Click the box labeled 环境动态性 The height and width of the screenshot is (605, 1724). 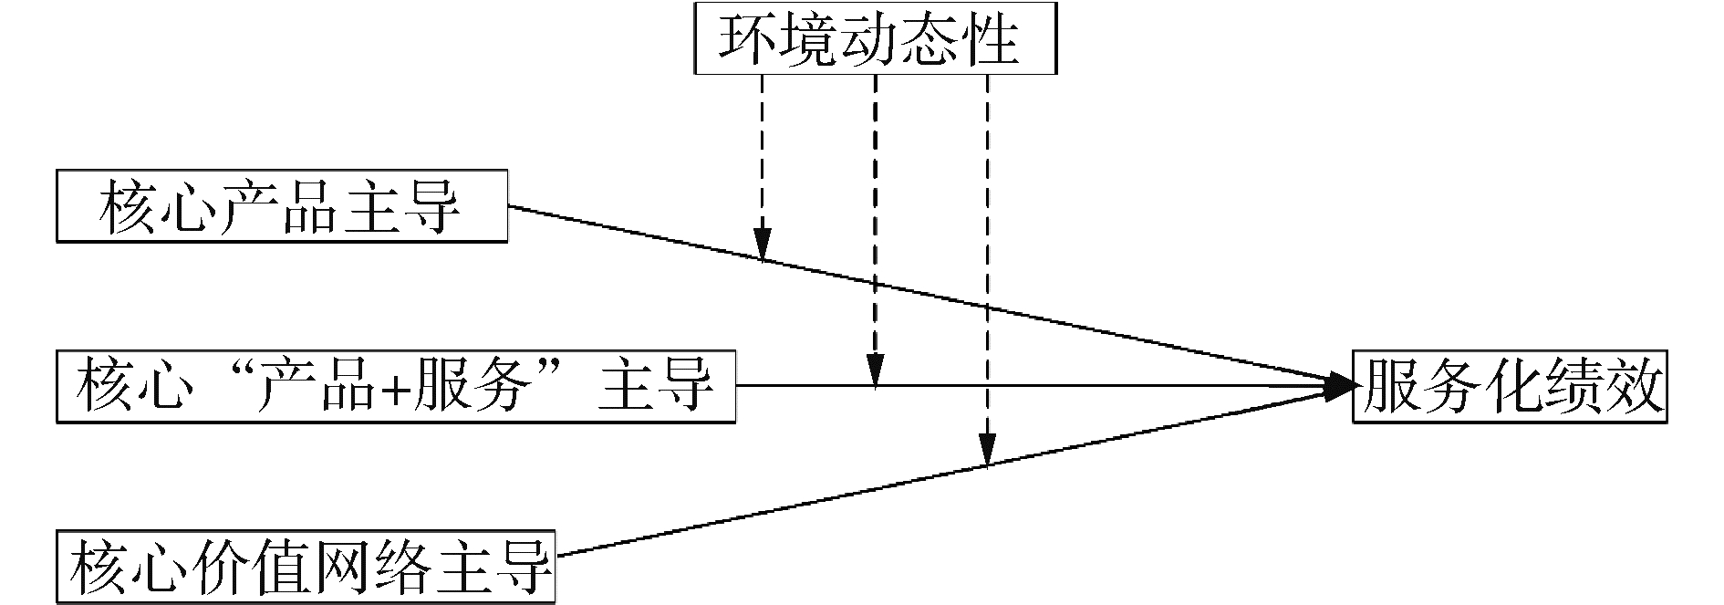pos(875,39)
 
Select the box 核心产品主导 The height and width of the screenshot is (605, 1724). pos(281,206)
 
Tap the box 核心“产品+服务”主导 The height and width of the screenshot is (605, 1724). pos(395,387)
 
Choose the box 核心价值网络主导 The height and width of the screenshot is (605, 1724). pos(306,566)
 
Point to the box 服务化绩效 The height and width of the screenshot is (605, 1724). pos(1509,387)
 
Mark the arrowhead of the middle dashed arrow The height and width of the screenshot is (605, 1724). pos(875,373)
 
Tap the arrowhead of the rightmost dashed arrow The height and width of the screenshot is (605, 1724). pos(987,453)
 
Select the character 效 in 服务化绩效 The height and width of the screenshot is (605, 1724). pos(1630,387)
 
